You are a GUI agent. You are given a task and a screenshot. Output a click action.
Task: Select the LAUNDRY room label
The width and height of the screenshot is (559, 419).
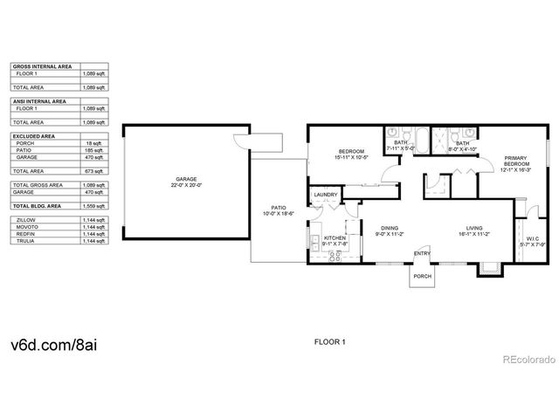(326, 195)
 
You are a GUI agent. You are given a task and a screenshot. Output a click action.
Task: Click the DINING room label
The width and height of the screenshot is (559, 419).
(389, 229)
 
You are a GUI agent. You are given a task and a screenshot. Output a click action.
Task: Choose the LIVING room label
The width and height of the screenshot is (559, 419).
(473, 229)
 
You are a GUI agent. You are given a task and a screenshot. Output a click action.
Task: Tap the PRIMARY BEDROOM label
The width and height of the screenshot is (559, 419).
(516, 161)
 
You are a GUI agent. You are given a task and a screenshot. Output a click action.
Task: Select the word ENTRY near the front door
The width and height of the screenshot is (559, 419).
(422, 253)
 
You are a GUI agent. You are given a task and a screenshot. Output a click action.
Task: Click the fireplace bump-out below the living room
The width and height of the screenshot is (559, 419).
(485, 268)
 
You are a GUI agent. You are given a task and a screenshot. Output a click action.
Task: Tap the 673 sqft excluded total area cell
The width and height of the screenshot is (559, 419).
(100, 171)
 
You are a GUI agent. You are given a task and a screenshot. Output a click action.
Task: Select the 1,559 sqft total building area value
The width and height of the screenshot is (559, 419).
(100, 204)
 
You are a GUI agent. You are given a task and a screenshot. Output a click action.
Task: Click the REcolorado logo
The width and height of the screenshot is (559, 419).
(525, 359)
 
